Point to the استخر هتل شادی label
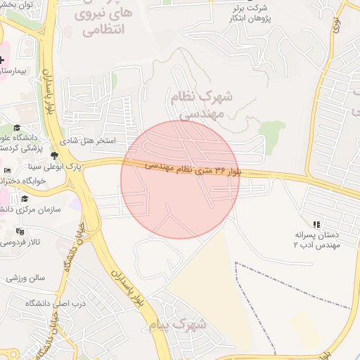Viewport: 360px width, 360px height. pyautogui.click(x=91, y=141)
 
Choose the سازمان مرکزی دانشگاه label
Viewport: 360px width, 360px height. pyautogui.click(x=32, y=209)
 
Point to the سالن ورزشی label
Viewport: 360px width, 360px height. pyautogui.click(x=25, y=277)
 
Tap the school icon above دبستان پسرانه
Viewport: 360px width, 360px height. pyautogui.click(x=316, y=224)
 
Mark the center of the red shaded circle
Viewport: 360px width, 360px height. pyautogui.click(x=180, y=180)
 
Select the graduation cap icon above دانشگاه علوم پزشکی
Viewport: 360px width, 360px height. pyautogui.click(x=17, y=127)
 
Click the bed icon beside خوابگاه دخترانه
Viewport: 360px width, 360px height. pyautogui.click(x=7, y=171)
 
